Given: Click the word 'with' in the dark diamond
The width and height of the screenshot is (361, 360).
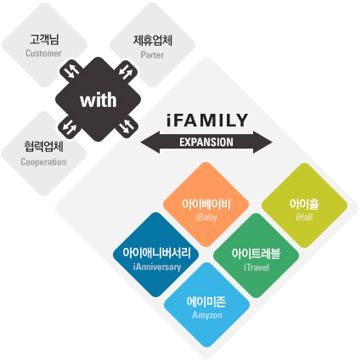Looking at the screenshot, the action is click(98, 100).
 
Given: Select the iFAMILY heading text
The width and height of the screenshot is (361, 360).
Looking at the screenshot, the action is click(207, 120).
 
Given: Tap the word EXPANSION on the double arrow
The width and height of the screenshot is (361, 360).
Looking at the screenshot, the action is click(206, 142).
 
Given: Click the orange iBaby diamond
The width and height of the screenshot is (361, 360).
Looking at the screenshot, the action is click(206, 205).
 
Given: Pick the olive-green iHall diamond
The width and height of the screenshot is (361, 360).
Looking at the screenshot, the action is click(304, 205).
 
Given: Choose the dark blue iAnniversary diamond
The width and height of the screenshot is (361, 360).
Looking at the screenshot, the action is click(155, 255).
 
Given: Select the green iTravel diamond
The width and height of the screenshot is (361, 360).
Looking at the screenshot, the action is click(256, 256).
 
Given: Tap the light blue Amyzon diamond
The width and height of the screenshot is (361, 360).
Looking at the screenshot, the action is click(206, 305).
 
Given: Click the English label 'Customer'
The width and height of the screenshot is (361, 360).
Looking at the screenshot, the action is click(43, 53).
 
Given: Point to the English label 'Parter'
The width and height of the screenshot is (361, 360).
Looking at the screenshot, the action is click(152, 54).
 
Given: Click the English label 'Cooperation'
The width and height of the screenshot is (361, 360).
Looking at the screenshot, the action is click(43, 162).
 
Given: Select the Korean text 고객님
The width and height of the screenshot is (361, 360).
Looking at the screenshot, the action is click(44, 39).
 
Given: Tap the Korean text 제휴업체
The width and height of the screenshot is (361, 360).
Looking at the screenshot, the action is click(153, 40).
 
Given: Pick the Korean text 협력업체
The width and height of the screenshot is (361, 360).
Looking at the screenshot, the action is click(43, 147).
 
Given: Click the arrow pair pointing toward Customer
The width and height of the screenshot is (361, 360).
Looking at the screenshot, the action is click(71, 70).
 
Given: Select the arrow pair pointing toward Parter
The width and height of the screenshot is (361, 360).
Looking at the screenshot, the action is click(126, 71).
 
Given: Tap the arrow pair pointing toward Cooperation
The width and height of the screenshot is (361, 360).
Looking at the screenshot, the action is click(70, 127).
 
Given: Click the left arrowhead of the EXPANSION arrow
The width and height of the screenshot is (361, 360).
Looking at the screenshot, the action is click(150, 143).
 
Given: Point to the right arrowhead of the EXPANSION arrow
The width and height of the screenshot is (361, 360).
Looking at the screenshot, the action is click(262, 143).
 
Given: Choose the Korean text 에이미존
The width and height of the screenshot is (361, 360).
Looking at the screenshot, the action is click(206, 301).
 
